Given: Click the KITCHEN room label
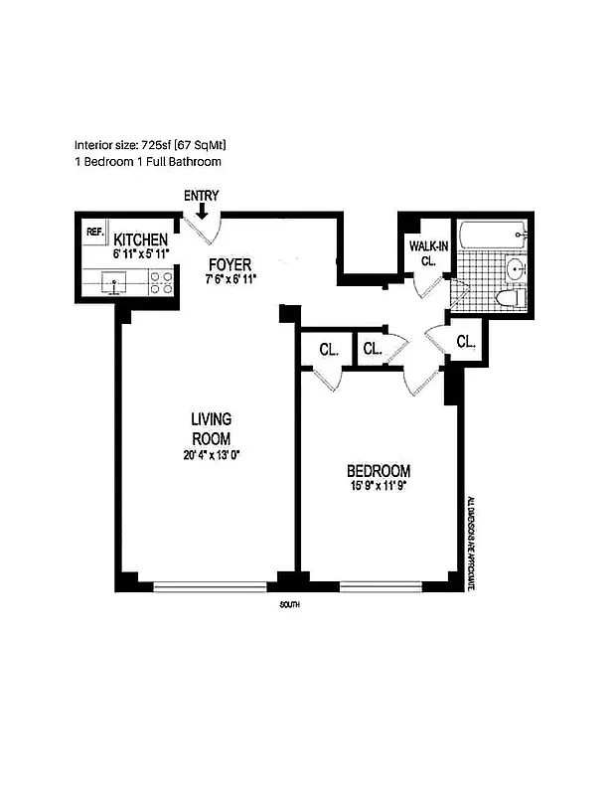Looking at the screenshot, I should tap(140, 240).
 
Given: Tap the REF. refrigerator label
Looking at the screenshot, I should tap(95, 233).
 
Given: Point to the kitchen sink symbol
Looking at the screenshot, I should tap(115, 286).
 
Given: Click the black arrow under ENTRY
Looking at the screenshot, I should tap(202, 211).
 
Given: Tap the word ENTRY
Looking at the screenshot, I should tap(202, 196).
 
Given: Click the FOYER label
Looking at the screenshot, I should tap(230, 264).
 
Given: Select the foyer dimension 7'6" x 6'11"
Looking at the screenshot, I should tap(230, 280).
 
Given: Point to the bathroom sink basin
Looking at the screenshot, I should tap(516, 268).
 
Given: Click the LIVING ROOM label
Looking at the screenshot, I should tap(211, 428).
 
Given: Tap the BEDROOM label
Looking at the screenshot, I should tap(378, 470).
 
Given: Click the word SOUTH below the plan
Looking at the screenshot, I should tap(290, 605).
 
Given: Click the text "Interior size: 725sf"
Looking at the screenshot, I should tap(130, 144).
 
